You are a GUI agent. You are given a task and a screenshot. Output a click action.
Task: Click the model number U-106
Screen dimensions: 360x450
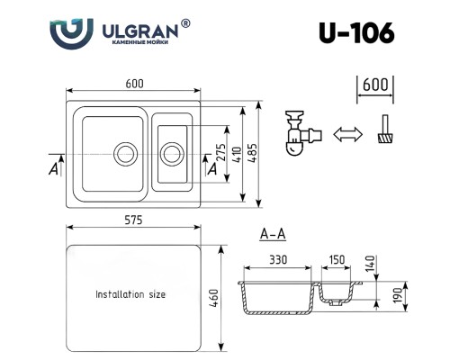click(x=356, y=33)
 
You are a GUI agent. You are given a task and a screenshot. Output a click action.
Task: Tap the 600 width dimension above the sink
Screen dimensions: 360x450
click(x=135, y=84)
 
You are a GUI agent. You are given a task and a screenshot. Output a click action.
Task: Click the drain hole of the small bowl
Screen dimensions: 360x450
click(x=170, y=148)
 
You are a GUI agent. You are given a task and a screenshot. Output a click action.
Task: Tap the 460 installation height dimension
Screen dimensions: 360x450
click(x=214, y=294)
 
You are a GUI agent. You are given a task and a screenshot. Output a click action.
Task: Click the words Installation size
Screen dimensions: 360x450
click(x=130, y=294)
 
